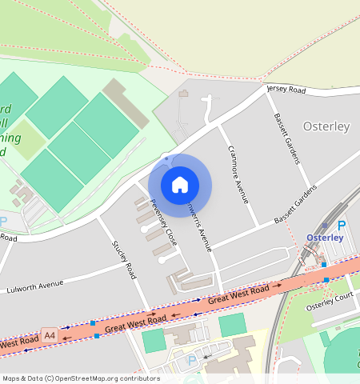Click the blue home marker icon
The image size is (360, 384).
point(180,185)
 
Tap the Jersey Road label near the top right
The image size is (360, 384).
point(286,90)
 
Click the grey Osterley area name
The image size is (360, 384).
point(326,127)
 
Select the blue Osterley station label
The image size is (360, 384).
point(325,238)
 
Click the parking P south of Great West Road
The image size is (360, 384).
point(191,360)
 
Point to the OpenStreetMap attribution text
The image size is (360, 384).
point(81,378)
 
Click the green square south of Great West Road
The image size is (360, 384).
point(232,324)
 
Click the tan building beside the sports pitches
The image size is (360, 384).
point(125,103)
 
